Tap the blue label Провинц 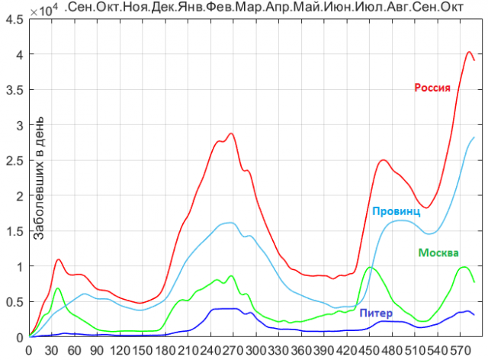396,211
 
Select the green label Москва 438,252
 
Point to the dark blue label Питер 376,313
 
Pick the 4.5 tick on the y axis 14,19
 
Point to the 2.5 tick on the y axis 14,160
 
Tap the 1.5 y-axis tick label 14,231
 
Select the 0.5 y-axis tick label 14,301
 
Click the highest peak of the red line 469,52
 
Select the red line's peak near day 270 231,133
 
